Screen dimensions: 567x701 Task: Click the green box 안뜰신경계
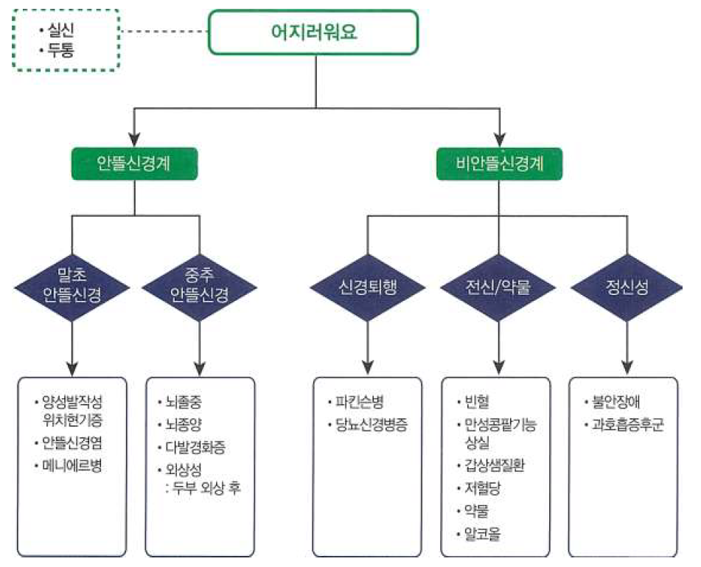[x=133, y=163]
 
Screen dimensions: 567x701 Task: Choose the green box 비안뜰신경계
[x=500, y=163]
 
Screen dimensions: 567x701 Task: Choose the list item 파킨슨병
[x=360, y=403]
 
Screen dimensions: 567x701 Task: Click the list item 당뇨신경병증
[x=372, y=425]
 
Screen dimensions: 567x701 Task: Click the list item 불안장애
[x=618, y=403]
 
